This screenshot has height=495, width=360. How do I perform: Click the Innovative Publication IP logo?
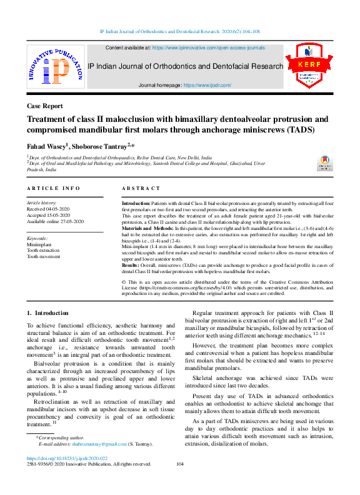tap(55, 66)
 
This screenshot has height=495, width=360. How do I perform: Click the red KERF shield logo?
tap(309, 66)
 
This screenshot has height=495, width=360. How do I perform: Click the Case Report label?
tap(44, 106)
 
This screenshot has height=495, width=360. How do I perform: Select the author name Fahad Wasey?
tap(47, 146)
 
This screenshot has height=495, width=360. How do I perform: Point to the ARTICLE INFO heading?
tap(53, 188)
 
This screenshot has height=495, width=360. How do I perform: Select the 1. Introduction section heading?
tap(47, 312)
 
